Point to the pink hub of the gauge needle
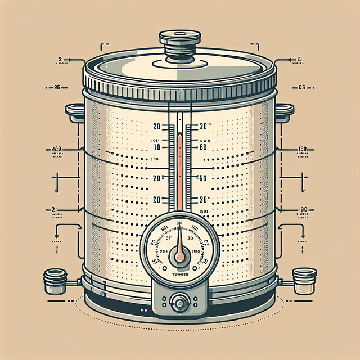pyautogui.click(x=179, y=257)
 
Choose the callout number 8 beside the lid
pyautogui.click(x=299, y=58)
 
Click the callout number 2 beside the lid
pyautogui.click(x=60, y=58)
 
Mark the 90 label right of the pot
pyautogui.click(x=304, y=209)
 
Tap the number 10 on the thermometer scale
pyautogui.click(x=157, y=146)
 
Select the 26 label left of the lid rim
pyautogui.click(x=56, y=87)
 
